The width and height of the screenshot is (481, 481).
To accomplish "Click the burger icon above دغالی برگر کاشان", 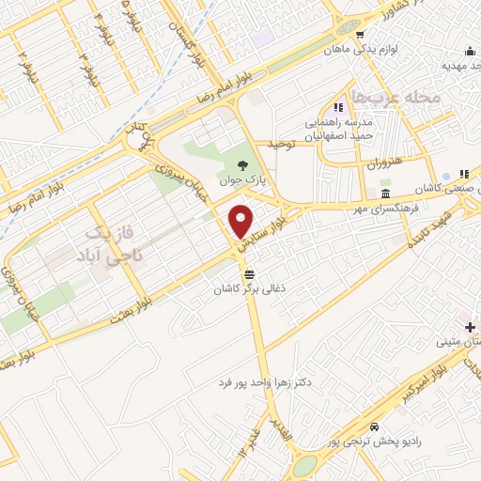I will [x=250, y=274].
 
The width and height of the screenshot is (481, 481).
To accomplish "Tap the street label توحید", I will [x=280, y=144].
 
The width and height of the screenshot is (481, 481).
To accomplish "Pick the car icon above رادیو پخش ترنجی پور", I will [x=374, y=426].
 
